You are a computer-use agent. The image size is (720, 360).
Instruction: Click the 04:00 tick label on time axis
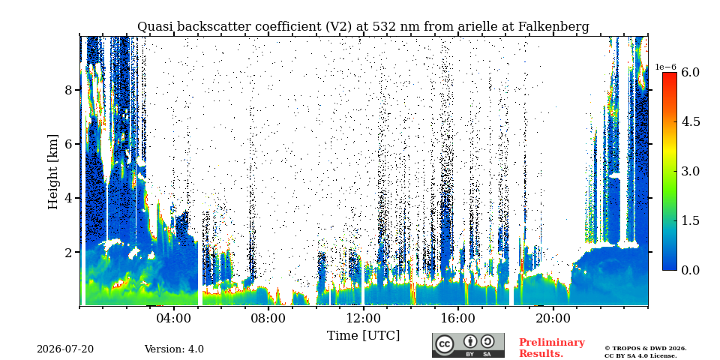tap(174, 318)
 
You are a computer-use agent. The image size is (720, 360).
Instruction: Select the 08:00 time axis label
tap(268, 318)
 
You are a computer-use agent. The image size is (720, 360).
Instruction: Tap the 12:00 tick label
tap(363, 318)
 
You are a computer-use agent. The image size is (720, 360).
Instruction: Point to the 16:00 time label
tap(457, 318)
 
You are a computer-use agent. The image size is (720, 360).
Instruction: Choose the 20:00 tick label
tap(553, 318)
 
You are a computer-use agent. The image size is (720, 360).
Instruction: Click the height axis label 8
tap(69, 90)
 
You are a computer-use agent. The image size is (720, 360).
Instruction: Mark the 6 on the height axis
tap(69, 144)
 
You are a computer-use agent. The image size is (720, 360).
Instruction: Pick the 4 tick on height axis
tap(69, 198)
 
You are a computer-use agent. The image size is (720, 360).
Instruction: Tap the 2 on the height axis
tap(69, 253)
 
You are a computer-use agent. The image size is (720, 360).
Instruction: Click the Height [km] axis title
tap(53, 172)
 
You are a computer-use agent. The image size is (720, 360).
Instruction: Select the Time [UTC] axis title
tap(363, 335)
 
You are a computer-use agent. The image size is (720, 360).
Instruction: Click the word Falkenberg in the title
tap(553, 27)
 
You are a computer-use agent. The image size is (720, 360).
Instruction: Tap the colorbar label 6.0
tap(690, 73)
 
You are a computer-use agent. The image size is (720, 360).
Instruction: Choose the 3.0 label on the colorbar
tap(690, 171)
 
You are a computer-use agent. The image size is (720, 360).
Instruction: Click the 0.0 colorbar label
tap(690, 270)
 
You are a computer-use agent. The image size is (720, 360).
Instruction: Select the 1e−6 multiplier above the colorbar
tap(666, 67)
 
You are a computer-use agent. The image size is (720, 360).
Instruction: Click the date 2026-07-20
tap(65, 349)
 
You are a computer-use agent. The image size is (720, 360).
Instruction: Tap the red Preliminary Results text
tap(552, 348)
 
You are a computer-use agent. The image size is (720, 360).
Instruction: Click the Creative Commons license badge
tap(468, 345)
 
